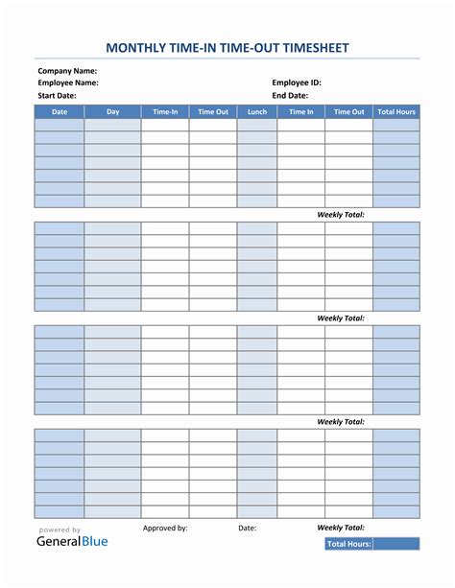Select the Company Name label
pyautogui.click(x=67, y=71)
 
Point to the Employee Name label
pyautogui.click(x=68, y=83)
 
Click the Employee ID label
pyautogui.click(x=297, y=83)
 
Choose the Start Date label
pyautogui.click(x=58, y=96)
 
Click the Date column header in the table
pyautogui.click(x=60, y=112)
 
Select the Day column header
pyautogui.click(x=113, y=112)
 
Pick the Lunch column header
pyautogui.click(x=257, y=112)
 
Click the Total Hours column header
pyautogui.click(x=396, y=112)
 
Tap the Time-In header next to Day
pyautogui.click(x=165, y=112)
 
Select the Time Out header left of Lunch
pyautogui.click(x=213, y=112)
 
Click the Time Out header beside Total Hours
pyautogui.click(x=348, y=112)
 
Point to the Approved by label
pyautogui.click(x=165, y=528)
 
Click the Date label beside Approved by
pyautogui.click(x=247, y=528)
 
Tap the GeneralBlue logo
pyautogui.click(x=72, y=541)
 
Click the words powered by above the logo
pyautogui.click(x=60, y=529)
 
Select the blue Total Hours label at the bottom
pyautogui.click(x=348, y=544)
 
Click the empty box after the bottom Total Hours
pyautogui.click(x=396, y=544)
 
